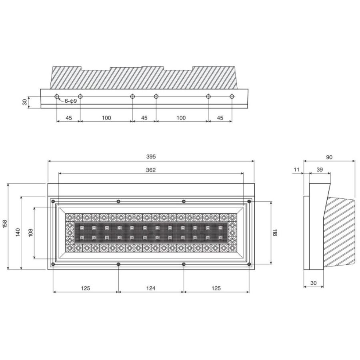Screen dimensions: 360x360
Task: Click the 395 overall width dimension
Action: [x=151, y=156]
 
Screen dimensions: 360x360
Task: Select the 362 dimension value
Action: [x=151, y=170]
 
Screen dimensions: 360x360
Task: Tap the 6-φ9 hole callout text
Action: [x=71, y=101]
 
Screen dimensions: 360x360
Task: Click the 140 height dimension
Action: [x=18, y=232]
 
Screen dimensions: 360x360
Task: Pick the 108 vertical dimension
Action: [x=31, y=232]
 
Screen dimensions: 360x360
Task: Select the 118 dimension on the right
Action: [x=275, y=232]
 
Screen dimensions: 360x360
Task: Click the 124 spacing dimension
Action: [x=151, y=288]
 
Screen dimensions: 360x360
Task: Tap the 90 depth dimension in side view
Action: [x=329, y=157]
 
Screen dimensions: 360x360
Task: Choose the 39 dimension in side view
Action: [x=320, y=170]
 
